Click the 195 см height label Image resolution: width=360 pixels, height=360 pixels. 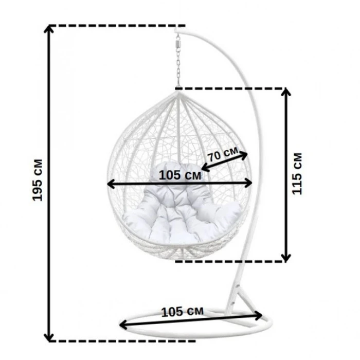[x=38, y=180]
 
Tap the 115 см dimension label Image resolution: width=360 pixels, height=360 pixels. [x=297, y=173]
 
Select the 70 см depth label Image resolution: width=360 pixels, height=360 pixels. [x=223, y=155]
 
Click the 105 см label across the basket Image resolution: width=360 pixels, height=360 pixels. [x=180, y=175]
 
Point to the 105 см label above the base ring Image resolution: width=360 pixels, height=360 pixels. [x=182, y=312]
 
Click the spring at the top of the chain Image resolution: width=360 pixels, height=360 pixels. [x=177, y=43]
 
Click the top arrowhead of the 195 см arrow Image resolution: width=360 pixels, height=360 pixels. [x=49, y=29]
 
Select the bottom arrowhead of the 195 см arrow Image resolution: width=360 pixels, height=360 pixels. [x=49, y=337]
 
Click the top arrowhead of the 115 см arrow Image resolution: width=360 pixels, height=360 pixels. [x=286, y=92]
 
